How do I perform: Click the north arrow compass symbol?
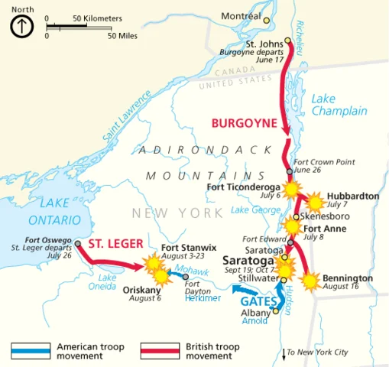point(22,27)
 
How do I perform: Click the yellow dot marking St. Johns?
point(287,41)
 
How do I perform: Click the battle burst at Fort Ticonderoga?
point(290,189)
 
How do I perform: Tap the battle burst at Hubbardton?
point(314,203)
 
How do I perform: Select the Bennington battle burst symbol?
point(310,281)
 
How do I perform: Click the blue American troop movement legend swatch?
point(31,351)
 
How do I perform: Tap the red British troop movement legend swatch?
point(160,351)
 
